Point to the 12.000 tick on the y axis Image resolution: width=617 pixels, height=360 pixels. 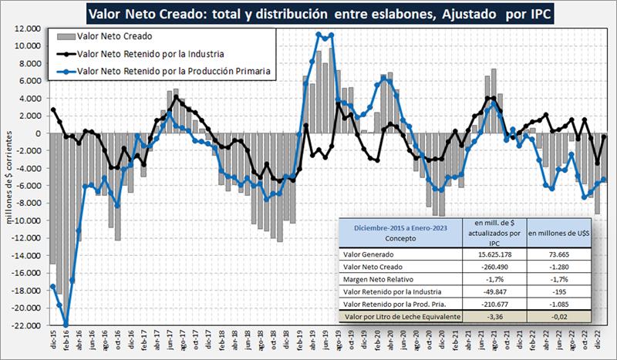(27, 28)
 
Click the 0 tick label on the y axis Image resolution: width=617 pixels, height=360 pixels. (36, 133)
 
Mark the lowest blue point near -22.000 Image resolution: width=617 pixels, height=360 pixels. (66, 325)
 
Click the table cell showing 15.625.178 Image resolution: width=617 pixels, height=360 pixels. (487, 254)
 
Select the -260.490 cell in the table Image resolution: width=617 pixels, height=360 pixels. (487, 267)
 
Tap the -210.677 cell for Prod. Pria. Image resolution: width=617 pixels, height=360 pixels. (487, 304)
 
